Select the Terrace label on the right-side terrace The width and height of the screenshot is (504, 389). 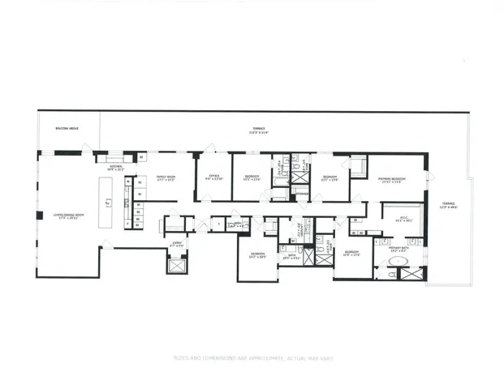coord(448,205)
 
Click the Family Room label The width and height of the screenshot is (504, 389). coord(166,177)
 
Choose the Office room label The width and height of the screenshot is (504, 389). coord(214,177)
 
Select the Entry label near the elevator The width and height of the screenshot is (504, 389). coord(176,242)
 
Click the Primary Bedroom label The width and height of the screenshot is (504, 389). coord(391,180)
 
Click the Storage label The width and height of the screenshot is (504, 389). coord(300,194)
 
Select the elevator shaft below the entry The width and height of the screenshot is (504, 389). coord(176,263)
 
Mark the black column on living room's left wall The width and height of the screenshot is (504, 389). coord(39,215)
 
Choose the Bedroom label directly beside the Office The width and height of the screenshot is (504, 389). coord(251,177)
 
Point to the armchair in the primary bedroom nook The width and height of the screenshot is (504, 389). coord(356,168)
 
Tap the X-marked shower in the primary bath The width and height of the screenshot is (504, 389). coord(411,273)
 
